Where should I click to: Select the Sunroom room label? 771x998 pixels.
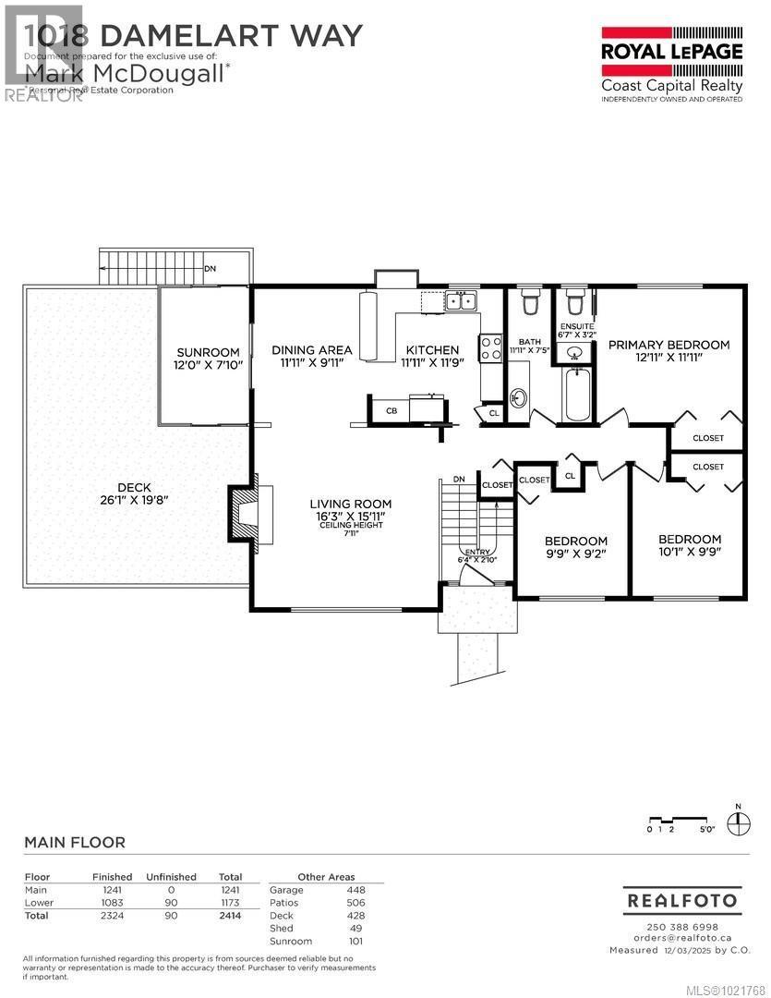tap(208, 352)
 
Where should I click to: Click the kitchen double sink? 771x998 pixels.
tap(459, 299)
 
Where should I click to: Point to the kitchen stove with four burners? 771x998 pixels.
tap(489, 348)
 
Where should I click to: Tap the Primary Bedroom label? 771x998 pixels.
tap(669, 345)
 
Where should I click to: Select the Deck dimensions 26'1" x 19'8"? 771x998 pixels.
tap(134, 500)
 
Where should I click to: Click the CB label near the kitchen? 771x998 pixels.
tap(392, 410)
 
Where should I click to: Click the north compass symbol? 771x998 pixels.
tap(738, 822)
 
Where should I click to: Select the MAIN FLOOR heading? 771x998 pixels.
tap(74, 842)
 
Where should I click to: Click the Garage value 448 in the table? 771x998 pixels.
tap(355, 890)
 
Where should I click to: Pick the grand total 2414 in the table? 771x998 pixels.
tap(230, 916)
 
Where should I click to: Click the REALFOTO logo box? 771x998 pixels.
tap(681, 899)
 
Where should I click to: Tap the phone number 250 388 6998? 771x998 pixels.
tap(681, 927)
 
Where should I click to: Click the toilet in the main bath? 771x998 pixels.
tap(530, 302)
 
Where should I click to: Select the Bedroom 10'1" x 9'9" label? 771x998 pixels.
tap(689, 545)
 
